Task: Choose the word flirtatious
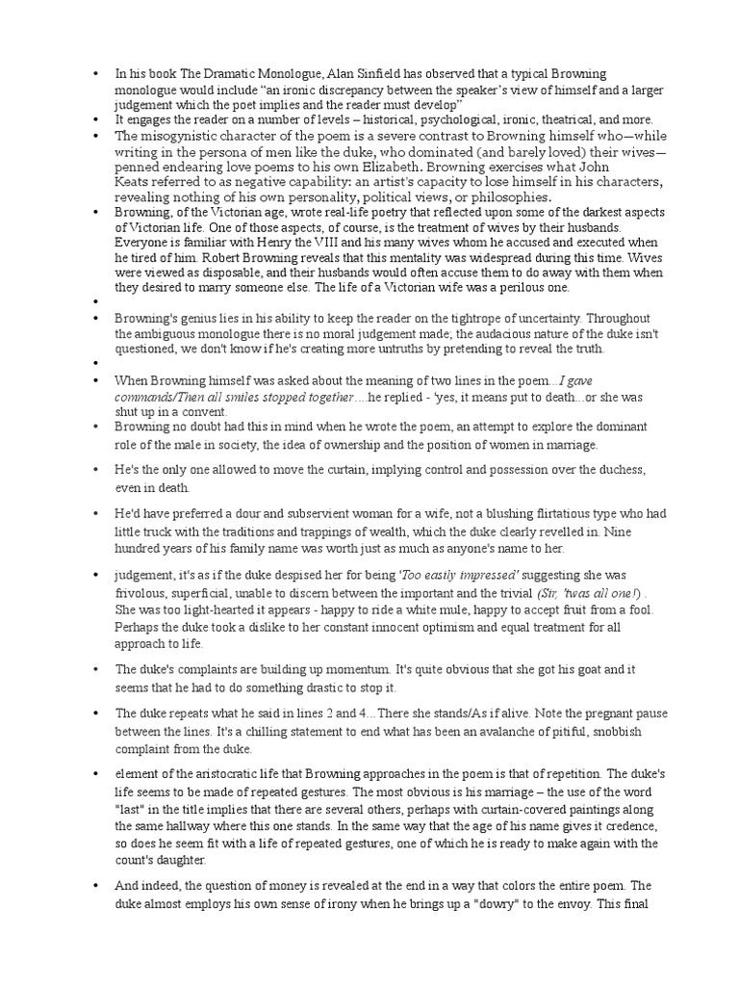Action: click(x=526, y=514)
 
